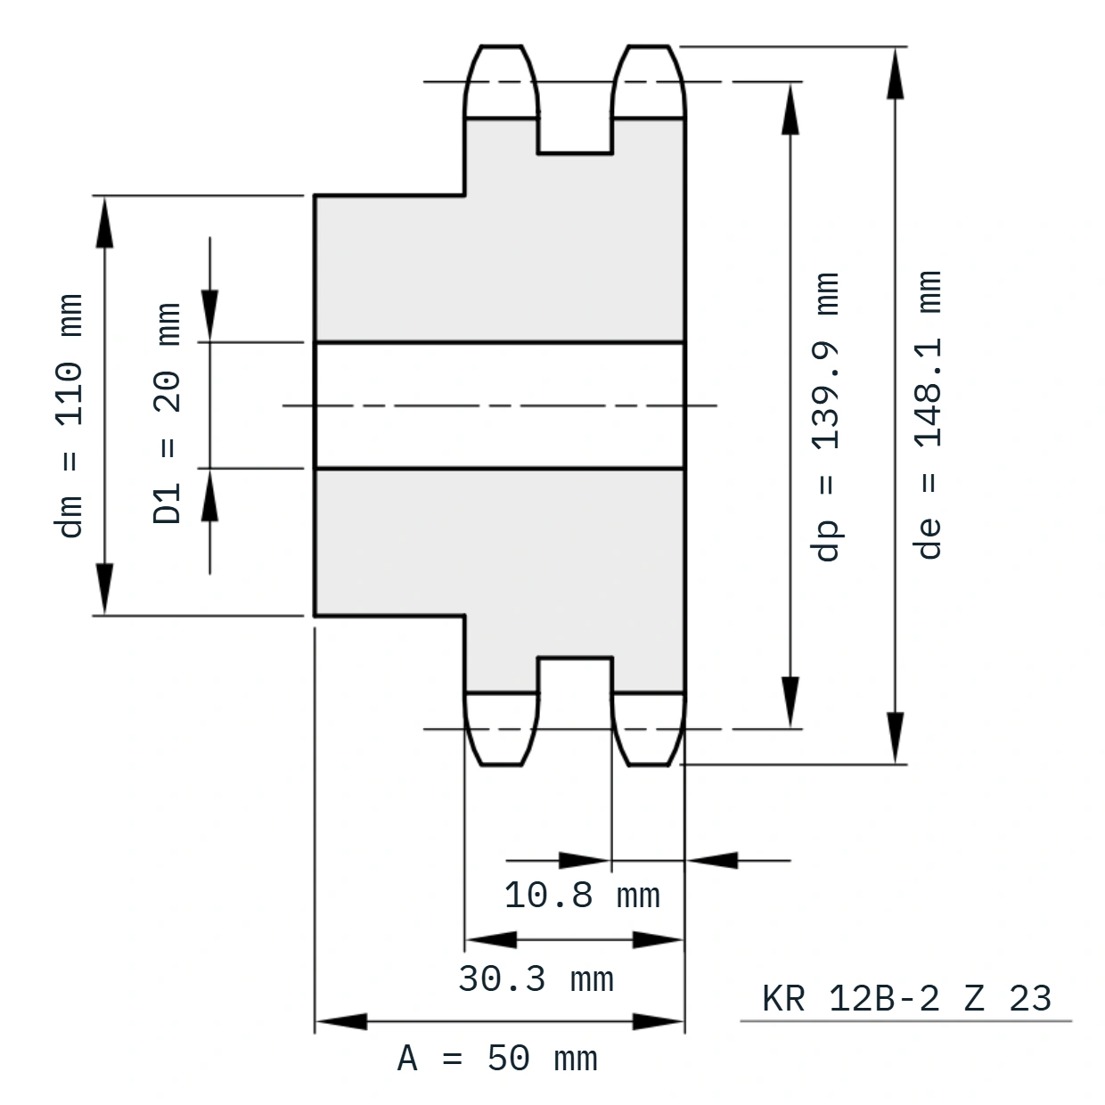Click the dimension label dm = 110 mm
click(69, 416)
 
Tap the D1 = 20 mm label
click(167, 413)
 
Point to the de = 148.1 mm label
click(928, 414)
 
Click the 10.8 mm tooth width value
click(582, 895)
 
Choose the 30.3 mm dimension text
click(536, 978)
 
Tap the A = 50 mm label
click(497, 1059)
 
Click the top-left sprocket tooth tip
click(501, 45)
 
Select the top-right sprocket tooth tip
click(649, 45)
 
